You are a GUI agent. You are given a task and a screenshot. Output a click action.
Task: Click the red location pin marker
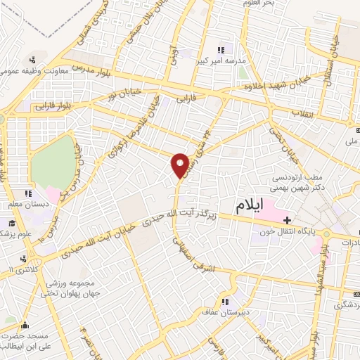coord(181,165)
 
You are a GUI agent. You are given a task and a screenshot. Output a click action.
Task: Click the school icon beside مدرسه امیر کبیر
coord(221,50)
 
